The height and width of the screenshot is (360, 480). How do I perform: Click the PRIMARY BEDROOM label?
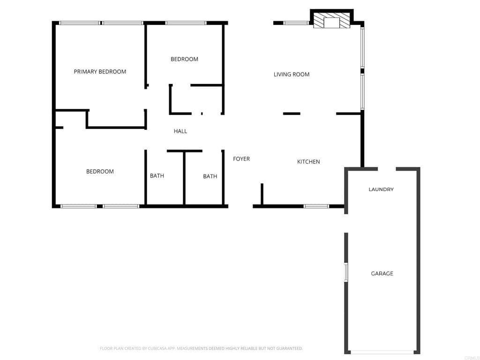pos(100,72)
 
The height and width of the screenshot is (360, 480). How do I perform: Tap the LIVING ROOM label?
pos(291,74)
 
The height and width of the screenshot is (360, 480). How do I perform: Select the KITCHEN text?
pos(308,162)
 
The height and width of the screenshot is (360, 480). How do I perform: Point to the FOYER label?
pos(241,159)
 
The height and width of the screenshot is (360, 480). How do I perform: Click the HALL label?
pos(180,131)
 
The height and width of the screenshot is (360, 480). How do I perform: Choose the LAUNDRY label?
pos(381,189)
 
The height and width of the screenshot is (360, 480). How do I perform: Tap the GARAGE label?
pos(382,273)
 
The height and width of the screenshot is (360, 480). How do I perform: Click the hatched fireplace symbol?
pos(331,21)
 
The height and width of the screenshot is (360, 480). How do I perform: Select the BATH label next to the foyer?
pos(210,176)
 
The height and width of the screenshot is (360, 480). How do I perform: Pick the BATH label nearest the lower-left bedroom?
pos(157,176)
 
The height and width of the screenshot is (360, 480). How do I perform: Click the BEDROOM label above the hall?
pos(184,59)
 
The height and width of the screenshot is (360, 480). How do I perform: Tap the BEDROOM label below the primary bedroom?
pos(100,172)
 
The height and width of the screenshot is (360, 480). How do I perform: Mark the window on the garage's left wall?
pos(346,272)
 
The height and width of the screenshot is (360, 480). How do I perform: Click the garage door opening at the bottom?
pos(382,352)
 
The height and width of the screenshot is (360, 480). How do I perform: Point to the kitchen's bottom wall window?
pos(316,206)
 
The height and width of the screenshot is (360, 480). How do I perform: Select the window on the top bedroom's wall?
pos(186,22)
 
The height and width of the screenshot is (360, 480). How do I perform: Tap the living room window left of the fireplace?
pos(295,22)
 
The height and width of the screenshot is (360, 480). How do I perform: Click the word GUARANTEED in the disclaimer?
pos(289,348)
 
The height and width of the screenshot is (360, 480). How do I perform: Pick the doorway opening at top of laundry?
pos(387,169)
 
